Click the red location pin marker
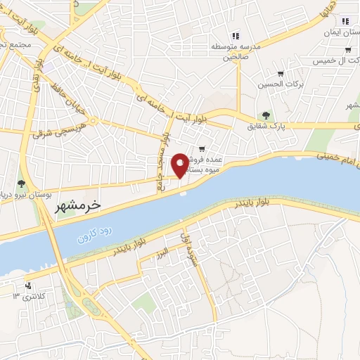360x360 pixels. (x=180, y=165)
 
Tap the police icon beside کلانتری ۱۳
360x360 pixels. (x=29, y=286)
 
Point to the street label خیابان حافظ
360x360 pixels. (x=66, y=101)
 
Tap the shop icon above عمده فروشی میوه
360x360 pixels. (x=202, y=149)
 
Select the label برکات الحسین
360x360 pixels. (x=274, y=84)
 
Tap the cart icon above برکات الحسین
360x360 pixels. (x=281, y=74)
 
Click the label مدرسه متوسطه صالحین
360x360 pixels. (x=236, y=52)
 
